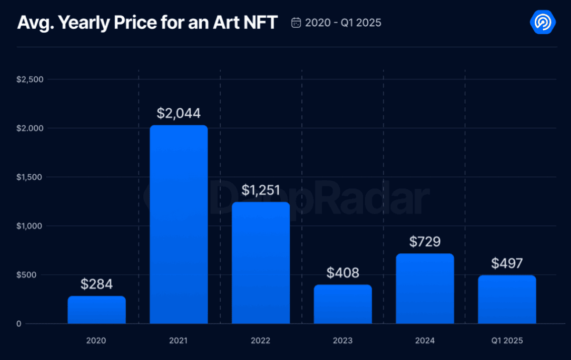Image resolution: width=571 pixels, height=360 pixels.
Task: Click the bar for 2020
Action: (97, 310)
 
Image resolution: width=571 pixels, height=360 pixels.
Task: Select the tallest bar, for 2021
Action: (179, 224)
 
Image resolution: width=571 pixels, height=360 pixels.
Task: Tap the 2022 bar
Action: (261, 262)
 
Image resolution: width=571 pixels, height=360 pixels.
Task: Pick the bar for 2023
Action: (343, 304)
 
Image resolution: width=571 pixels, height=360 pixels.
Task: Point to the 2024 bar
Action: (425, 289)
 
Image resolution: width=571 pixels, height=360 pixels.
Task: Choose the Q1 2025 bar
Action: (507, 299)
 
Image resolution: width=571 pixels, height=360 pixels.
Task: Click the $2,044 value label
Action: (179, 113)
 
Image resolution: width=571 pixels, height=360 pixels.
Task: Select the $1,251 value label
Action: (261, 190)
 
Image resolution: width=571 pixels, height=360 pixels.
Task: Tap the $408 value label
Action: (343, 273)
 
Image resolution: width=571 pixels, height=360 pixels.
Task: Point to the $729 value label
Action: (425, 242)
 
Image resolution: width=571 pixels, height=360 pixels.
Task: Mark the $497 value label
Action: (507, 263)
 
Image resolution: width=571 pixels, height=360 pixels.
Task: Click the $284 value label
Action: (97, 284)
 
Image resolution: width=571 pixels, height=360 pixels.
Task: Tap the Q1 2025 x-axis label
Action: (507, 341)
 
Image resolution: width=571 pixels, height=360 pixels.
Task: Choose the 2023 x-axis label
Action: (343, 341)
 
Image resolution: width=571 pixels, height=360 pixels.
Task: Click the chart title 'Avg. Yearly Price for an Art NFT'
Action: (147, 23)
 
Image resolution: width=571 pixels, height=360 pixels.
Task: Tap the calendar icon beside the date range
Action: (296, 23)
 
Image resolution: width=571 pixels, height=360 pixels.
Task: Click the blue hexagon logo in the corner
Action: (543, 22)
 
